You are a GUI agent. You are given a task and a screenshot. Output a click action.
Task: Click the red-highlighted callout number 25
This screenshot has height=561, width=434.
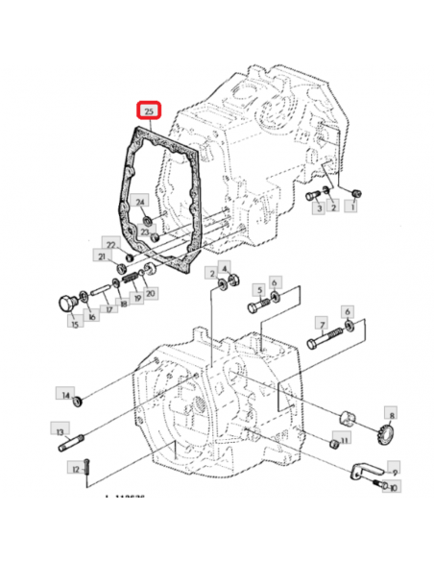(x=149, y=112)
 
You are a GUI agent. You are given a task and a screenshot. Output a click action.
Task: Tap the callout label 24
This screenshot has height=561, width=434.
(x=139, y=202)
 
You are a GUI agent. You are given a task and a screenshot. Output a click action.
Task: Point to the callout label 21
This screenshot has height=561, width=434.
(x=99, y=256)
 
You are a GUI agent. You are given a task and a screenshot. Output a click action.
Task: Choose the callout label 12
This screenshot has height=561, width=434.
(x=74, y=469)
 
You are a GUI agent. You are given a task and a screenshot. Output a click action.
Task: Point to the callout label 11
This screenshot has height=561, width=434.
(x=345, y=438)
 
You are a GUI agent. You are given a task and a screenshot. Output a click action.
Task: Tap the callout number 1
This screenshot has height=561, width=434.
(x=354, y=205)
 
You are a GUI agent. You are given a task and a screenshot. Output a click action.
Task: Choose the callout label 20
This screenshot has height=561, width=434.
(x=151, y=292)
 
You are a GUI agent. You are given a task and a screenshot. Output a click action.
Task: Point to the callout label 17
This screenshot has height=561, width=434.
(x=110, y=308)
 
